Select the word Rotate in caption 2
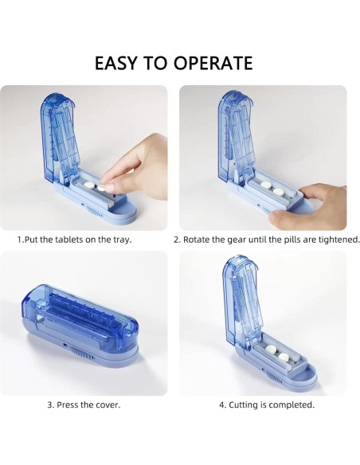click(x=198, y=239)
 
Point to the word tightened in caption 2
click(x=338, y=239)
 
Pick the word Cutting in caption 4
click(x=241, y=404)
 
